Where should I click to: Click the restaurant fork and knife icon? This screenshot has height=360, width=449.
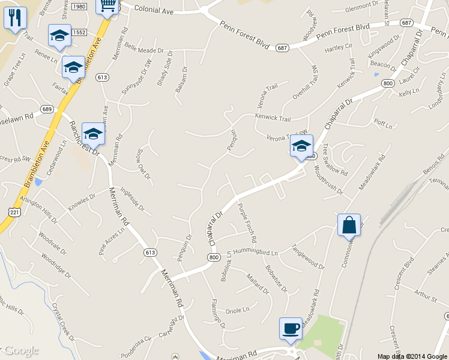[15, 17]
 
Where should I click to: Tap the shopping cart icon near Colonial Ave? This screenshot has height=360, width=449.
[108, 6]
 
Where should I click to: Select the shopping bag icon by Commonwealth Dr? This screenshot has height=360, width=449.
[349, 225]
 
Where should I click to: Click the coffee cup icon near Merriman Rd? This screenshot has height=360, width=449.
[291, 329]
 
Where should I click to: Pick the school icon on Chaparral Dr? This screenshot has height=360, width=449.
[301, 146]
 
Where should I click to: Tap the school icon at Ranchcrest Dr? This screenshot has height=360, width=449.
[93, 134]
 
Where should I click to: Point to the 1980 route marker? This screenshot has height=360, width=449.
[79, 7]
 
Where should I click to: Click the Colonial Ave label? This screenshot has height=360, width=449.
[154, 9]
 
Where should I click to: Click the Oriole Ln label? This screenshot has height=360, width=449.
[237, 310]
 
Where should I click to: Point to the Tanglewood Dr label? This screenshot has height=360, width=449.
[307, 256]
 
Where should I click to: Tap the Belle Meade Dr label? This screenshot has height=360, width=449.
[143, 50]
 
